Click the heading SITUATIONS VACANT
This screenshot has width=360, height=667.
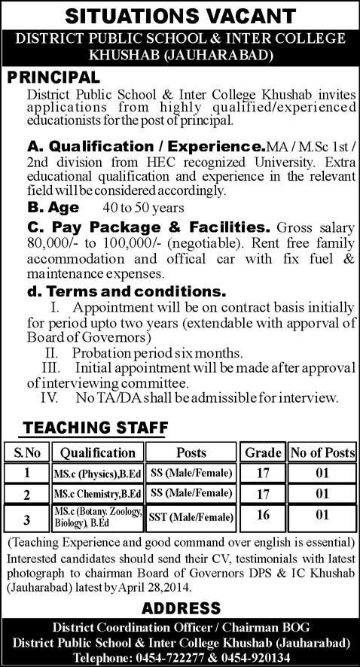click(x=180, y=16)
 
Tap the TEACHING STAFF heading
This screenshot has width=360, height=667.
click(x=95, y=428)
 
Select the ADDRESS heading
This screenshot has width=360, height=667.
click(x=180, y=608)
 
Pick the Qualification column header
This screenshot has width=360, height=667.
click(x=97, y=452)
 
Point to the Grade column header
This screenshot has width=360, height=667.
click(x=263, y=452)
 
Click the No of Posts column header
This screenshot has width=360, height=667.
click(x=322, y=452)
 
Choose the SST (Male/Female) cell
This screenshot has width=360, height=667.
click(x=191, y=517)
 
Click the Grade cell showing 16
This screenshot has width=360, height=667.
click(x=263, y=517)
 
